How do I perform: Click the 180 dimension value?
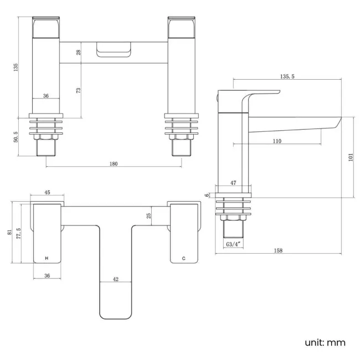pos(114,164)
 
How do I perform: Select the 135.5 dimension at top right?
pos(287,76)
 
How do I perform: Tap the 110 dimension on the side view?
pos(276,141)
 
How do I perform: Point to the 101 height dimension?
pos(349,157)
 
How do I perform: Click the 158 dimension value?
pos(278,250)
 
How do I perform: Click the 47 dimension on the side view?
pos(233,183)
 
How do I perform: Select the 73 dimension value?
pos(79,90)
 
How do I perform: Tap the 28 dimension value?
pos(79,52)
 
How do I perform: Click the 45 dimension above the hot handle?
pos(47,193)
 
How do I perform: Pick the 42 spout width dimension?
pos(116,279)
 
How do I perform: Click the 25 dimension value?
pos(148,216)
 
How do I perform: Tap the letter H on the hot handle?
pos(47,258)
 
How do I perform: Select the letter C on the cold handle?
pos(184,258)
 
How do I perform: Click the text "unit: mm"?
pos(325,342)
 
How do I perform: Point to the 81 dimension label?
pos(9,233)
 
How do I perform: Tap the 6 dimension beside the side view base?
pos(207,195)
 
